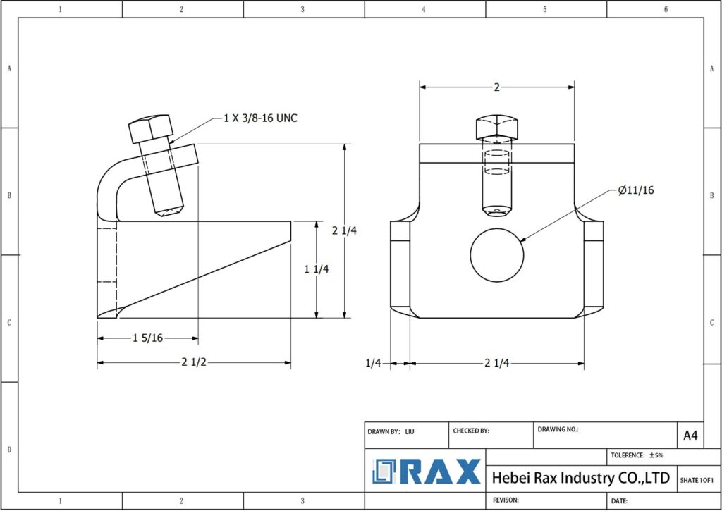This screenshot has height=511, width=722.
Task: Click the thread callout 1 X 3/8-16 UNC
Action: (x=260, y=118)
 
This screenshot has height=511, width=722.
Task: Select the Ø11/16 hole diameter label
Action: (x=635, y=190)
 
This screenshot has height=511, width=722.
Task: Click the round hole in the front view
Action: (x=497, y=253)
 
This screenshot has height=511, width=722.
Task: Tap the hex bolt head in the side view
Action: (x=150, y=129)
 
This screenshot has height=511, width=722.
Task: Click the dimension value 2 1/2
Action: (x=194, y=363)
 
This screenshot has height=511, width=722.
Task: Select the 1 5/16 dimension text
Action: (x=148, y=338)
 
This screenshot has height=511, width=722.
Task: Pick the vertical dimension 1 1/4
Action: (x=316, y=269)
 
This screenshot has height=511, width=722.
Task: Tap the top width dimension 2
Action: (x=496, y=87)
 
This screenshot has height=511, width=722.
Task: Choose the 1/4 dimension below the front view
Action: (x=373, y=363)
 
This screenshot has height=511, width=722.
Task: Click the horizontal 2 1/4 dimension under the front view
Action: (x=497, y=363)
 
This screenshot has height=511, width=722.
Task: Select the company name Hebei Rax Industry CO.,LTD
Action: (x=580, y=478)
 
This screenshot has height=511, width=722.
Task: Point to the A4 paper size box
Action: (x=690, y=436)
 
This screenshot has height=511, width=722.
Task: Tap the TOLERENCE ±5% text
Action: (x=637, y=455)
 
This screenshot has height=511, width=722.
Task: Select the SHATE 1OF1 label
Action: (x=696, y=480)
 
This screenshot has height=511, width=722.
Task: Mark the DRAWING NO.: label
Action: (x=558, y=429)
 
